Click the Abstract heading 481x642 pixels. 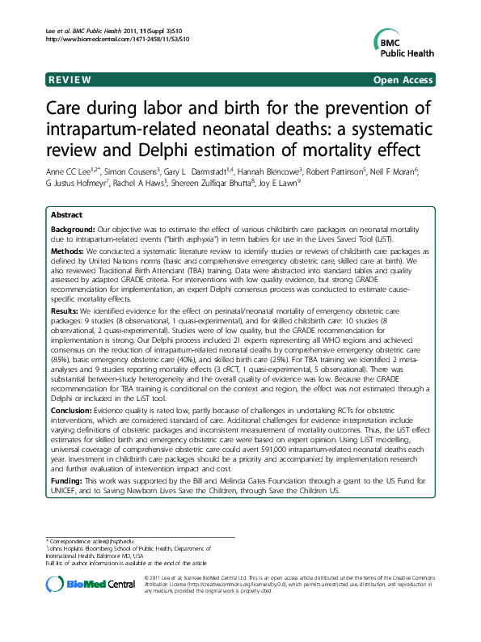pos(66,215)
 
